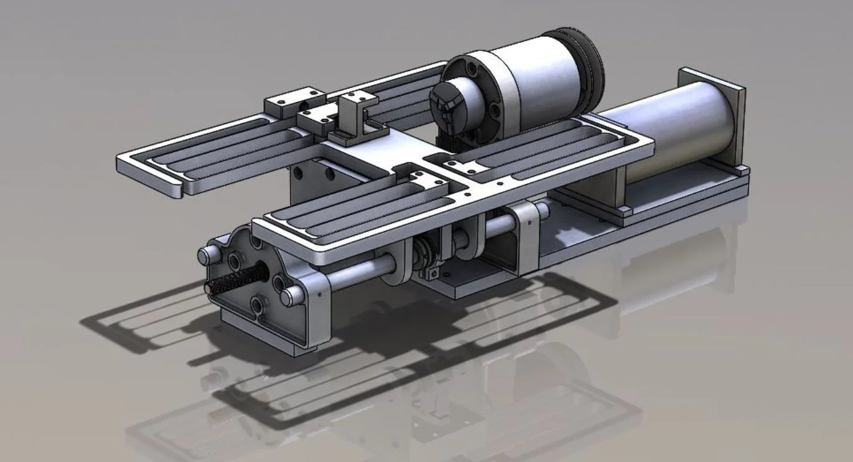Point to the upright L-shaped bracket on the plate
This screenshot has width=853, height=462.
[x=358, y=115]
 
